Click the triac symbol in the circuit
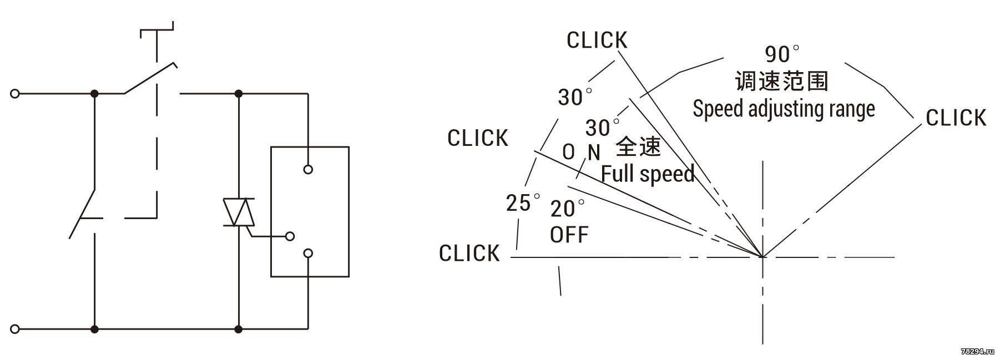(x=239, y=212)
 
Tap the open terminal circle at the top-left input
(x=15, y=93)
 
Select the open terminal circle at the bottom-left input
(x=15, y=329)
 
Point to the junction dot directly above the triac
(x=239, y=93)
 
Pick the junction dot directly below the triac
(x=239, y=329)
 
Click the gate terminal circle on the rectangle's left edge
(x=289, y=236)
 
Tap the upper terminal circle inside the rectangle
(x=308, y=169)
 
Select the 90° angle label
(x=782, y=54)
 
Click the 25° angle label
(x=523, y=202)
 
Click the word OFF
(x=569, y=235)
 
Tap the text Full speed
(x=648, y=174)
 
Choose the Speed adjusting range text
(x=784, y=109)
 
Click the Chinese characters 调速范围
(x=781, y=81)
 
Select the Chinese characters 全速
(x=638, y=146)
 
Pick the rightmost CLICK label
(x=956, y=118)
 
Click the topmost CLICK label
(x=597, y=40)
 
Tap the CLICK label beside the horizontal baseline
(x=469, y=253)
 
